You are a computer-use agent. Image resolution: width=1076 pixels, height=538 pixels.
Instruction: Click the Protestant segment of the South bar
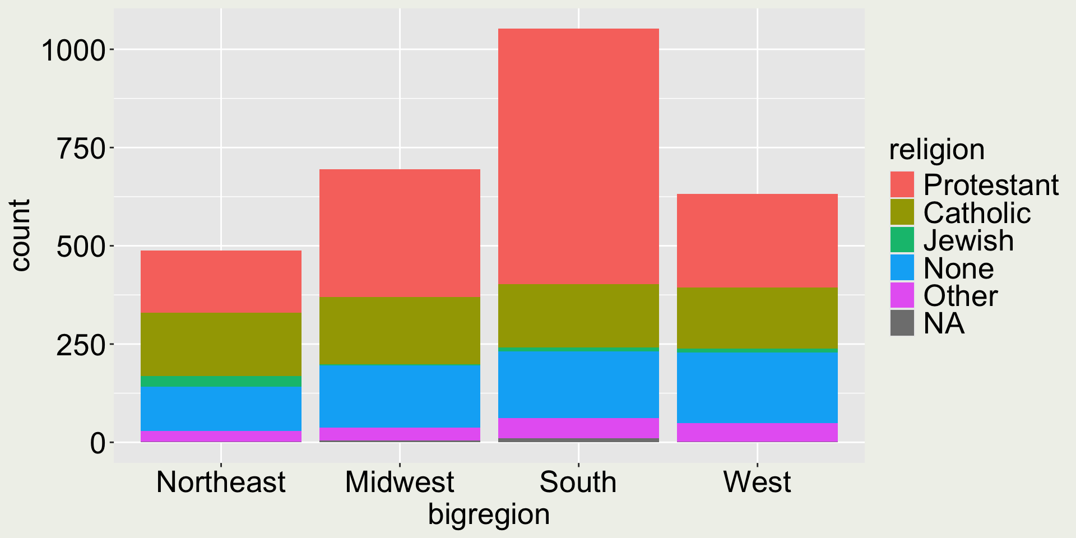(578, 156)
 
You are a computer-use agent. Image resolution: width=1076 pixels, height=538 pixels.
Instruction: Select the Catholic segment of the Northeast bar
(221, 344)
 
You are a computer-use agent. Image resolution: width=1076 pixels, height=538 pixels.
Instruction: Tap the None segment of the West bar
(757, 387)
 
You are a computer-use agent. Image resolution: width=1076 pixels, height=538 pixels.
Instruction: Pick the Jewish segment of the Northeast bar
(221, 381)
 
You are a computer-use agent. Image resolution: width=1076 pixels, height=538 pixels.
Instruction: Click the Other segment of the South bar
(578, 428)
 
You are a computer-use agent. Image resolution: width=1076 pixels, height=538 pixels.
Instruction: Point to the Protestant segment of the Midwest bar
(400, 233)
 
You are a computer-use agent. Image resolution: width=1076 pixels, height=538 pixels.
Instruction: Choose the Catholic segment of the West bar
(757, 318)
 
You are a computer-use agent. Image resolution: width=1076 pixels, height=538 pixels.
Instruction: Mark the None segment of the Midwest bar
(400, 396)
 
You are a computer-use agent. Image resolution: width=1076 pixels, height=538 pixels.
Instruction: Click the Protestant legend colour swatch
(902, 184)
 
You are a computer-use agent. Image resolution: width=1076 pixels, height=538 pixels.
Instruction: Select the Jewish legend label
(968, 240)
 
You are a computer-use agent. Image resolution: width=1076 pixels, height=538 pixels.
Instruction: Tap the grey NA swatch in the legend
(902, 323)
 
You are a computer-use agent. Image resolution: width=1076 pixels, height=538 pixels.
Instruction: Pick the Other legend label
(961, 295)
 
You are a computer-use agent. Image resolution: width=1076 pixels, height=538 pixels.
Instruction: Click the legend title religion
(936, 150)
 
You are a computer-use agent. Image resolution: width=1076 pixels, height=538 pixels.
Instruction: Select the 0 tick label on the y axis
(98, 443)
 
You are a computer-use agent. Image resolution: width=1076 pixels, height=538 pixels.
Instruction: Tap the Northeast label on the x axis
(221, 482)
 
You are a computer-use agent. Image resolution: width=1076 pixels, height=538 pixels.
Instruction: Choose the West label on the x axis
(757, 482)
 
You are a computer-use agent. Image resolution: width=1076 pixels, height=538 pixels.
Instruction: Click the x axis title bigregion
(489, 514)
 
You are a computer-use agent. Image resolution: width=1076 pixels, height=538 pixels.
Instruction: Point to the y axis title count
(20, 235)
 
